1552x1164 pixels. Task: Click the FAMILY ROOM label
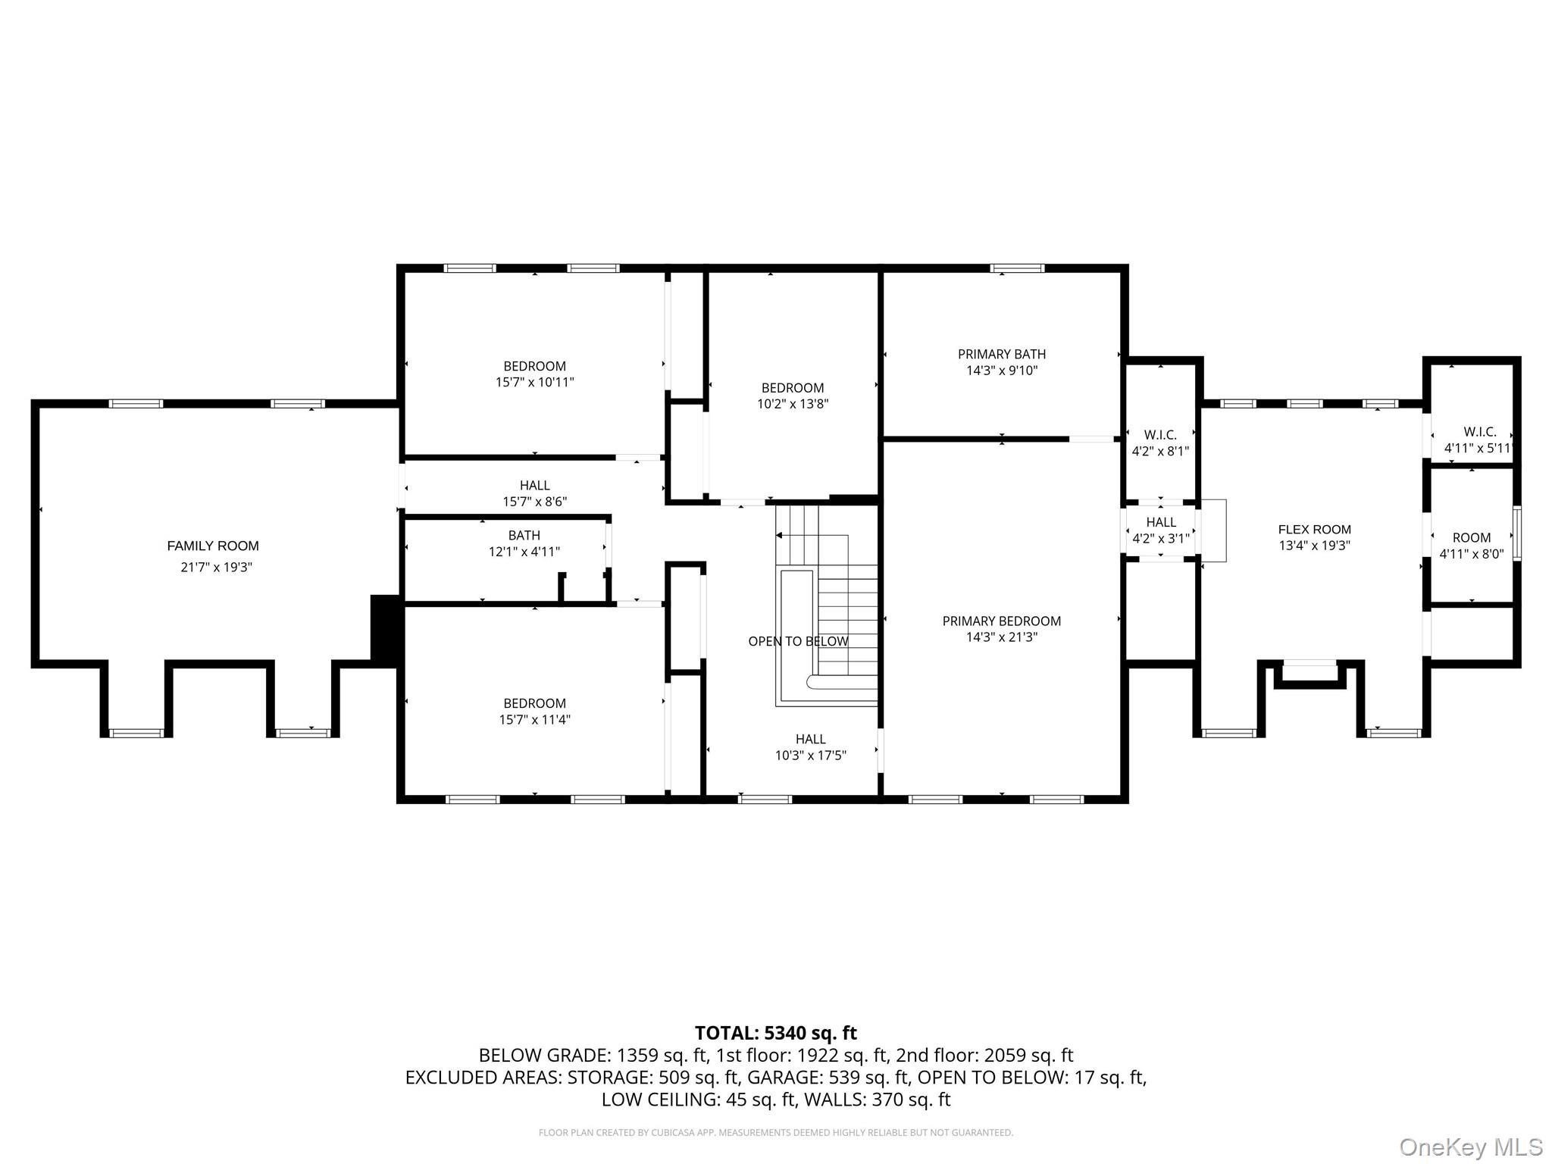[x=213, y=546]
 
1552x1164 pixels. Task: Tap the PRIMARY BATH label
[x=1002, y=354]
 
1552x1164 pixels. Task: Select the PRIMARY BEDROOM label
[x=1002, y=621]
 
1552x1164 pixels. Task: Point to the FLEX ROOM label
[x=1315, y=530]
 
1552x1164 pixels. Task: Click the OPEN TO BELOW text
[x=798, y=641]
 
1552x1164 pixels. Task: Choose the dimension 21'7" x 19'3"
[x=216, y=567]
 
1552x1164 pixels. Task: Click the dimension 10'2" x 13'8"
[x=793, y=404]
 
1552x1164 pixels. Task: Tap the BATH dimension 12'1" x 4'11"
[x=524, y=552]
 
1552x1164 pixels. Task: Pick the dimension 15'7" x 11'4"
[x=535, y=719]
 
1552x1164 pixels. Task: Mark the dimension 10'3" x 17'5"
[x=811, y=755]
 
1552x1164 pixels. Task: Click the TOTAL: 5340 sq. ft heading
[x=776, y=1033]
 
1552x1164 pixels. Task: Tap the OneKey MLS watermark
[x=1471, y=1147]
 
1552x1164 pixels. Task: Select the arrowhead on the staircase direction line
[x=778, y=536]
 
